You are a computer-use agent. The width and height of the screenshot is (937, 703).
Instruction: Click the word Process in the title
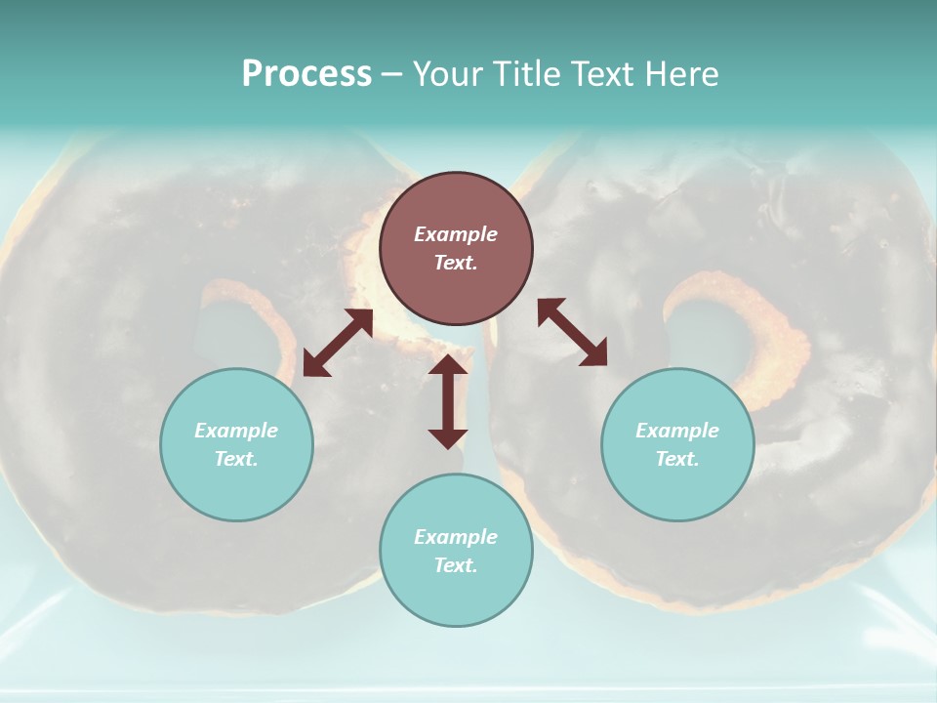[306, 73]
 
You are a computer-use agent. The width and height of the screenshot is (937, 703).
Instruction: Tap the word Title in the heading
[530, 73]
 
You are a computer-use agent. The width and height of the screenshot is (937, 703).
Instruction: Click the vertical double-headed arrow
[448, 401]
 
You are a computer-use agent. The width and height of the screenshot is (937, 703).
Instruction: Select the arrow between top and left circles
[338, 343]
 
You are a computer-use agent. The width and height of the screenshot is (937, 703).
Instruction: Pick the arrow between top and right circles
[573, 332]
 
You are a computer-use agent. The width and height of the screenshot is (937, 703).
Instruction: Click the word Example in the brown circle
[456, 234]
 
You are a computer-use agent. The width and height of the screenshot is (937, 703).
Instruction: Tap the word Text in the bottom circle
[456, 565]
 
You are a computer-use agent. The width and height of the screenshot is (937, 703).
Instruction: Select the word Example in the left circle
[236, 431]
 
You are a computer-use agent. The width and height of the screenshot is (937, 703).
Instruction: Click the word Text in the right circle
[677, 459]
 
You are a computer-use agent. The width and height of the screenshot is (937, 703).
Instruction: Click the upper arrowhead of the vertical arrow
[448, 365]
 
